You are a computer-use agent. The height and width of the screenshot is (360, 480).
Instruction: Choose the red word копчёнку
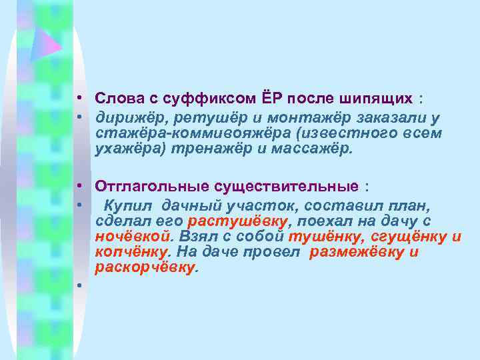(x=131, y=252)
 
